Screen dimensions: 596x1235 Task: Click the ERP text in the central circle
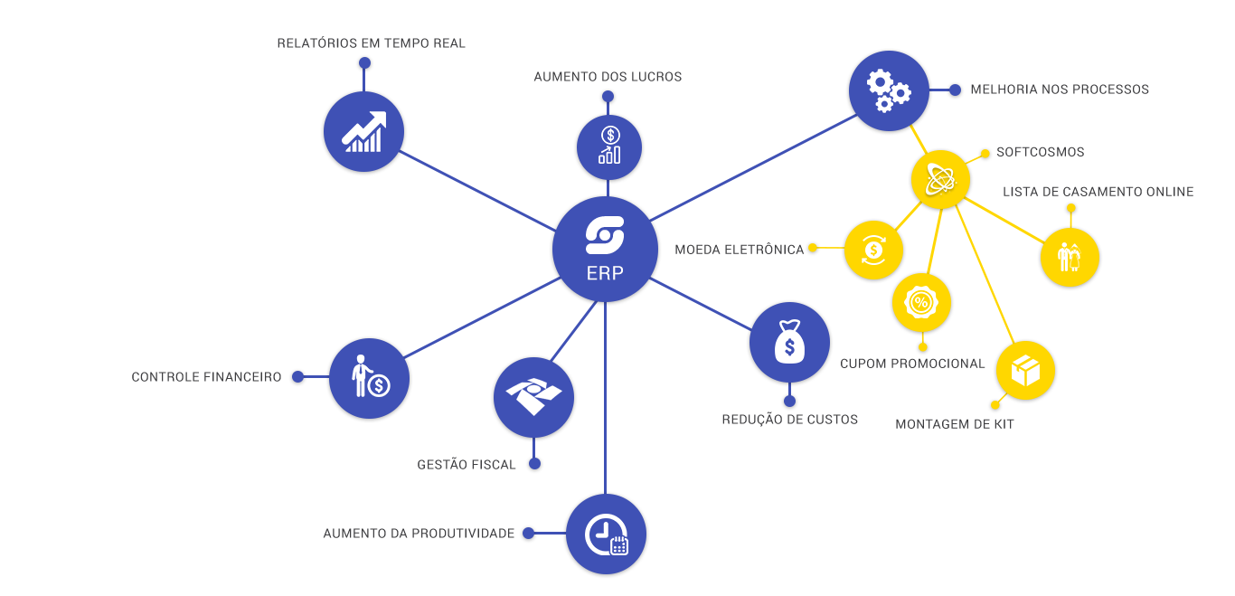[x=605, y=271]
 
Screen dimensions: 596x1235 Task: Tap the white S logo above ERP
[x=605, y=235]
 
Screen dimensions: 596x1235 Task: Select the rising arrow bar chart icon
[x=363, y=132]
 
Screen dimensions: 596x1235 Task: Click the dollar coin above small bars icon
[x=609, y=146]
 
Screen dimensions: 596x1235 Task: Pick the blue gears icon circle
[x=889, y=91]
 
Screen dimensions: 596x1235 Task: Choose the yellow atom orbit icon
[x=941, y=179]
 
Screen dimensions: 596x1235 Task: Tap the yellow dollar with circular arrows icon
[x=873, y=250]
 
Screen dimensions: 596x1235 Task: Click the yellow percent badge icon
[x=921, y=302]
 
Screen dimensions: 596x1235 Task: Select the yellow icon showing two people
[x=1070, y=257]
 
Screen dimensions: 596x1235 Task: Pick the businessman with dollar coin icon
[x=369, y=378]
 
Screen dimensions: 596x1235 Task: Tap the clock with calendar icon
[x=606, y=534]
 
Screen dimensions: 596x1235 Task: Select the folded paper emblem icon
[x=533, y=397]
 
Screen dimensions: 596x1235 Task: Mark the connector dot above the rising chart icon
[x=364, y=63]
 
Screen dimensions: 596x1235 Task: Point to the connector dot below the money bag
[x=789, y=400]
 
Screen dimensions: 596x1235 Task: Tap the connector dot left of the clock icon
[x=529, y=534]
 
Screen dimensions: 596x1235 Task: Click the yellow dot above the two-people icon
[x=1071, y=209]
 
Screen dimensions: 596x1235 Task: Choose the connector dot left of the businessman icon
[x=297, y=377]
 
